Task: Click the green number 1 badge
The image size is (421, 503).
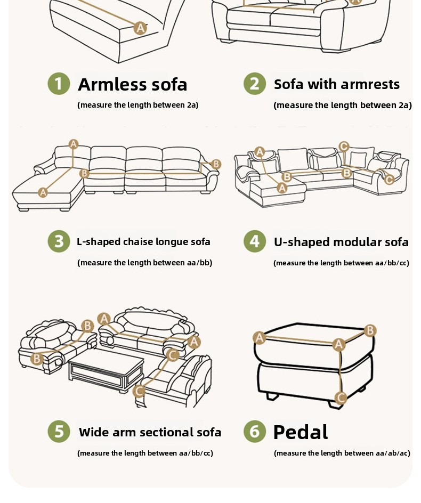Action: [59, 84]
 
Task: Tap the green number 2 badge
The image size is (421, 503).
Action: [254, 84]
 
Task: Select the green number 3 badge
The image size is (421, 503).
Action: [59, 241]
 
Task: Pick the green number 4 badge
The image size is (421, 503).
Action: [254, 241]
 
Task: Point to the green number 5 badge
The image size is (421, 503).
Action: [59, 432]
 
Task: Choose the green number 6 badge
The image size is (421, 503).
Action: [254, 432]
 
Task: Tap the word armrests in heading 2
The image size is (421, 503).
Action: [370, 84]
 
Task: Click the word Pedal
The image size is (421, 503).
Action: [301, 432]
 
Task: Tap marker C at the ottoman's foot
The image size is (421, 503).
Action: [341, 398]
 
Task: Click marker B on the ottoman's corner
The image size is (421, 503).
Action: [370, 330]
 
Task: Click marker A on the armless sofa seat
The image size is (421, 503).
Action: [140, 28]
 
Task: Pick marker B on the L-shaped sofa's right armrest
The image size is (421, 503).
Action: [216, 164]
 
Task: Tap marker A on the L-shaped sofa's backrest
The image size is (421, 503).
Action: [74, 144]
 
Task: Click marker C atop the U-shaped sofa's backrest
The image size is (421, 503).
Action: [344, 147]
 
